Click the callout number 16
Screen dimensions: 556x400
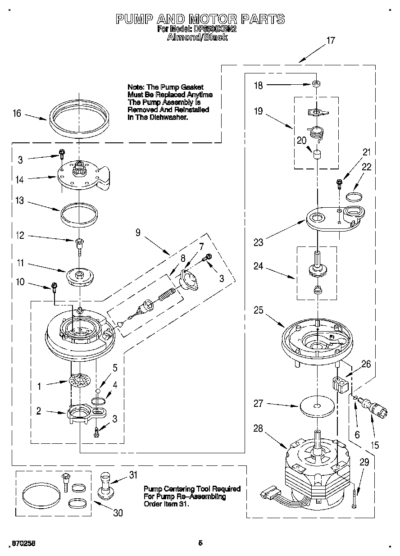point(17,113)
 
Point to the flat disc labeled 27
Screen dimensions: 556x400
point(318,406)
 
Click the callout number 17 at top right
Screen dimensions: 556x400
point(330,41)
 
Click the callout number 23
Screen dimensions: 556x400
point(258,242)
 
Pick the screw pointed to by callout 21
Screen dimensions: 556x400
point(339,182)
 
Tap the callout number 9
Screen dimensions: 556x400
point(138,232)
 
